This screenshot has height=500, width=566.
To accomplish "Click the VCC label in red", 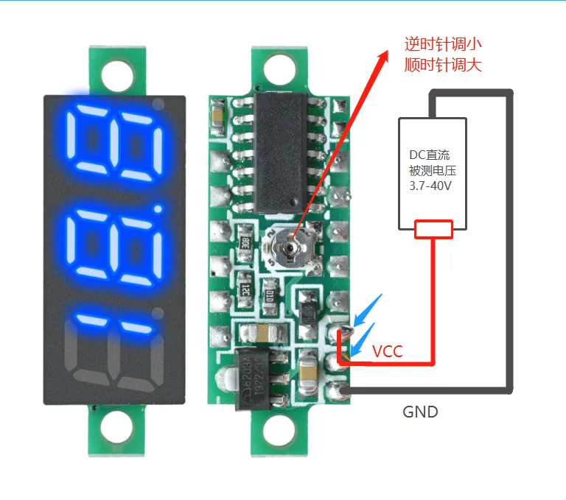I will click(388, 351).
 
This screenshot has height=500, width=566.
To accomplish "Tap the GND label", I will click(420, 412).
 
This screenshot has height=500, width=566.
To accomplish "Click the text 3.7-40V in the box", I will click(431, 186).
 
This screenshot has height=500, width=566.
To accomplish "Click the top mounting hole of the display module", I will click(113, 74).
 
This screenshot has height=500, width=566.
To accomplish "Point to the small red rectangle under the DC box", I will click(433, 230).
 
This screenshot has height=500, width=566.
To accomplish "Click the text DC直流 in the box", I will click(431, 155).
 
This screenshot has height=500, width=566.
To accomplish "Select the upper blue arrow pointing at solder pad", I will click(368, 309).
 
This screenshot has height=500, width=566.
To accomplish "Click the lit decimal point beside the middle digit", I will click(157, 213).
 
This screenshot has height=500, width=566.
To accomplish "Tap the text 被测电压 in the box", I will click(431, 170).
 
